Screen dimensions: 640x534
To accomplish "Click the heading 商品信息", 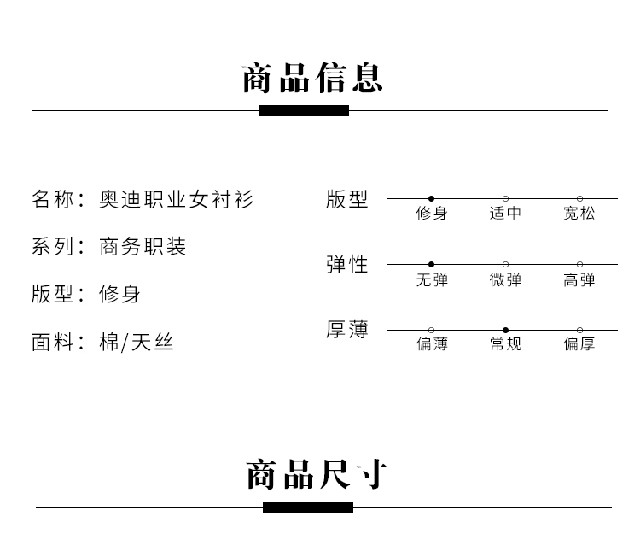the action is point(312,78).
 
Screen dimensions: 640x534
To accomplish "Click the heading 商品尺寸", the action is point(317,474).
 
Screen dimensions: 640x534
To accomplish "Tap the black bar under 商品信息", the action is point(304,110).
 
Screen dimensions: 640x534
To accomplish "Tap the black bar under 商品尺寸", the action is point(308,507).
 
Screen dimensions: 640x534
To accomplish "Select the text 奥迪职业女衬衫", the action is point(177,200).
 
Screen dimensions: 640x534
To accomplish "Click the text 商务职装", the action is point(143,247).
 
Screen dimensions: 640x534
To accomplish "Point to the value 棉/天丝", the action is point(137,343).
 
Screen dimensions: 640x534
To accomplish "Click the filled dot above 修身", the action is point(432,198).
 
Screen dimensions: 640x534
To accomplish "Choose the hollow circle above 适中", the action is point(505,198).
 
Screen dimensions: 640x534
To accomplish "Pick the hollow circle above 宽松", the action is point(579,198).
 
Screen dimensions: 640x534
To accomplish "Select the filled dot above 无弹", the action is point(432,264).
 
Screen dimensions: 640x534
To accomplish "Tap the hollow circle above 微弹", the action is point(505,264).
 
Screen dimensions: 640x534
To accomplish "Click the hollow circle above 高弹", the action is point(579,264).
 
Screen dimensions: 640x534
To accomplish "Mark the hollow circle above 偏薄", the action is point(432,330).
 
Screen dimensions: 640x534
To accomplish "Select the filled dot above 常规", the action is point(505,330).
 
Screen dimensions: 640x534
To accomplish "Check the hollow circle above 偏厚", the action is point(579,330).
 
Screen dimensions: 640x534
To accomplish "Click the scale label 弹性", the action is point(347,265).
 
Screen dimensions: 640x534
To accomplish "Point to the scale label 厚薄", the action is point(347,330).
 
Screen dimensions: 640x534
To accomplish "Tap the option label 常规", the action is point(505,344).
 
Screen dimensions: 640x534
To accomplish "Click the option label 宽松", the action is point(579,213).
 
